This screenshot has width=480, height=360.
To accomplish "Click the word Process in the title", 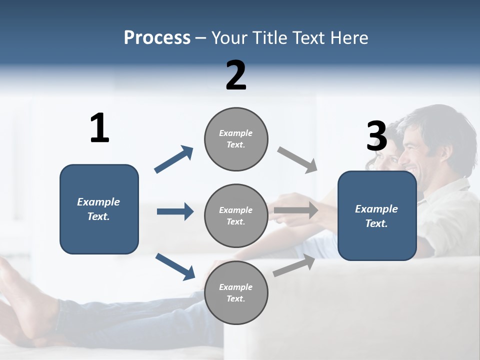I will click(157, 37).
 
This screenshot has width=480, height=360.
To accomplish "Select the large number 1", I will click(99, 128).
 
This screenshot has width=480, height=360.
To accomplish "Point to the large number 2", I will click(236, 75).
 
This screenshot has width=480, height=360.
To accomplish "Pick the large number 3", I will click(376, 136).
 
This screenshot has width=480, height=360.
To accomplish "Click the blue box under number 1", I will click(99, 209).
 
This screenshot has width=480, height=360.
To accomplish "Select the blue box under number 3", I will click(377, 216).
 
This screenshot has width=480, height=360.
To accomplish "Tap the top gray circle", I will click(236, 139).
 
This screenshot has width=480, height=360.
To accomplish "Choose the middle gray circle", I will click(236, 216).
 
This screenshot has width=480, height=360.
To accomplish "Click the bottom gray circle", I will click(236, 293).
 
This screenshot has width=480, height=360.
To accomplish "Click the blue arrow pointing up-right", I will click(174, 159).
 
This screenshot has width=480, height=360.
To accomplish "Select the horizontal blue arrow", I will click(175, 211).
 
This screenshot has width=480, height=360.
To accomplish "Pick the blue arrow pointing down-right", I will click(175, 266).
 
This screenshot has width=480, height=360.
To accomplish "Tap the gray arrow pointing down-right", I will click(297, 159).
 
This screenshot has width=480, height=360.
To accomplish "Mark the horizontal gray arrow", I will click(296, 210).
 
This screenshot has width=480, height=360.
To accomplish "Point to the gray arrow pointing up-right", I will click(294, 265).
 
